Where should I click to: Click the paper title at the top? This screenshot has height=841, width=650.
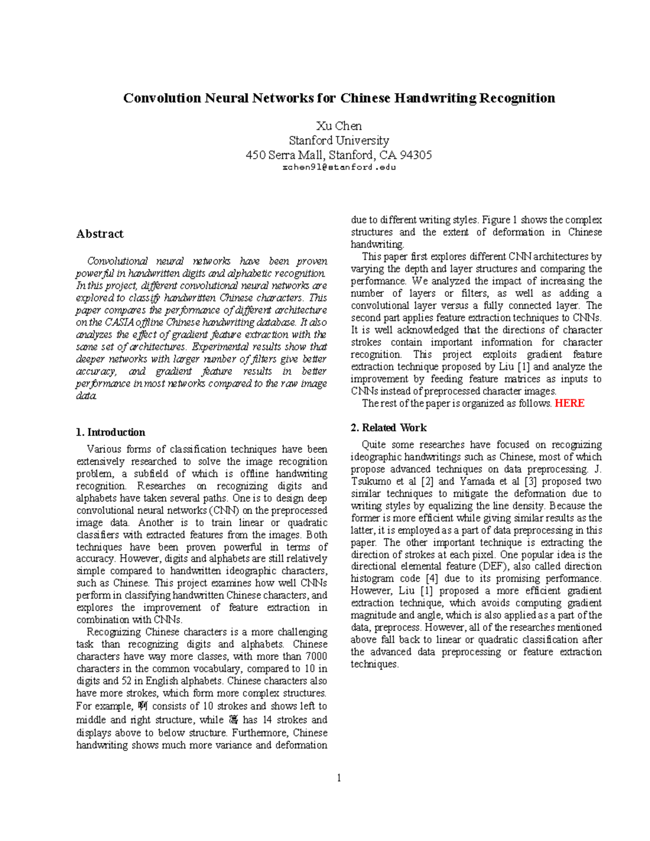[x=339, y=98]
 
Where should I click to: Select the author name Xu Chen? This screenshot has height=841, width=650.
[x=339, y=126]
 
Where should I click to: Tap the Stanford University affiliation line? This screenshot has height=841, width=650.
[x=339, y=141]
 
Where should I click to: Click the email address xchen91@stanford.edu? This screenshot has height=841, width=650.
[x=339, y=167]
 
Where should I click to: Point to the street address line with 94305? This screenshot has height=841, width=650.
[x=339, y=155]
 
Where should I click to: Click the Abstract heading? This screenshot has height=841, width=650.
[x=100, y=234]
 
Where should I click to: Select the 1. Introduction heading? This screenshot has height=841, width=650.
[x=110, y=432]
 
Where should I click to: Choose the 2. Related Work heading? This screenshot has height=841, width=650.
[x=388, y=428]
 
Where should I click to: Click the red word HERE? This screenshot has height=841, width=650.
[x=569, y=403]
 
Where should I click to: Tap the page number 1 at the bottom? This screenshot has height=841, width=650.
[x=339, y=778]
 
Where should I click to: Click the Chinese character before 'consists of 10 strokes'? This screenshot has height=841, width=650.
[x=143, y=706]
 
